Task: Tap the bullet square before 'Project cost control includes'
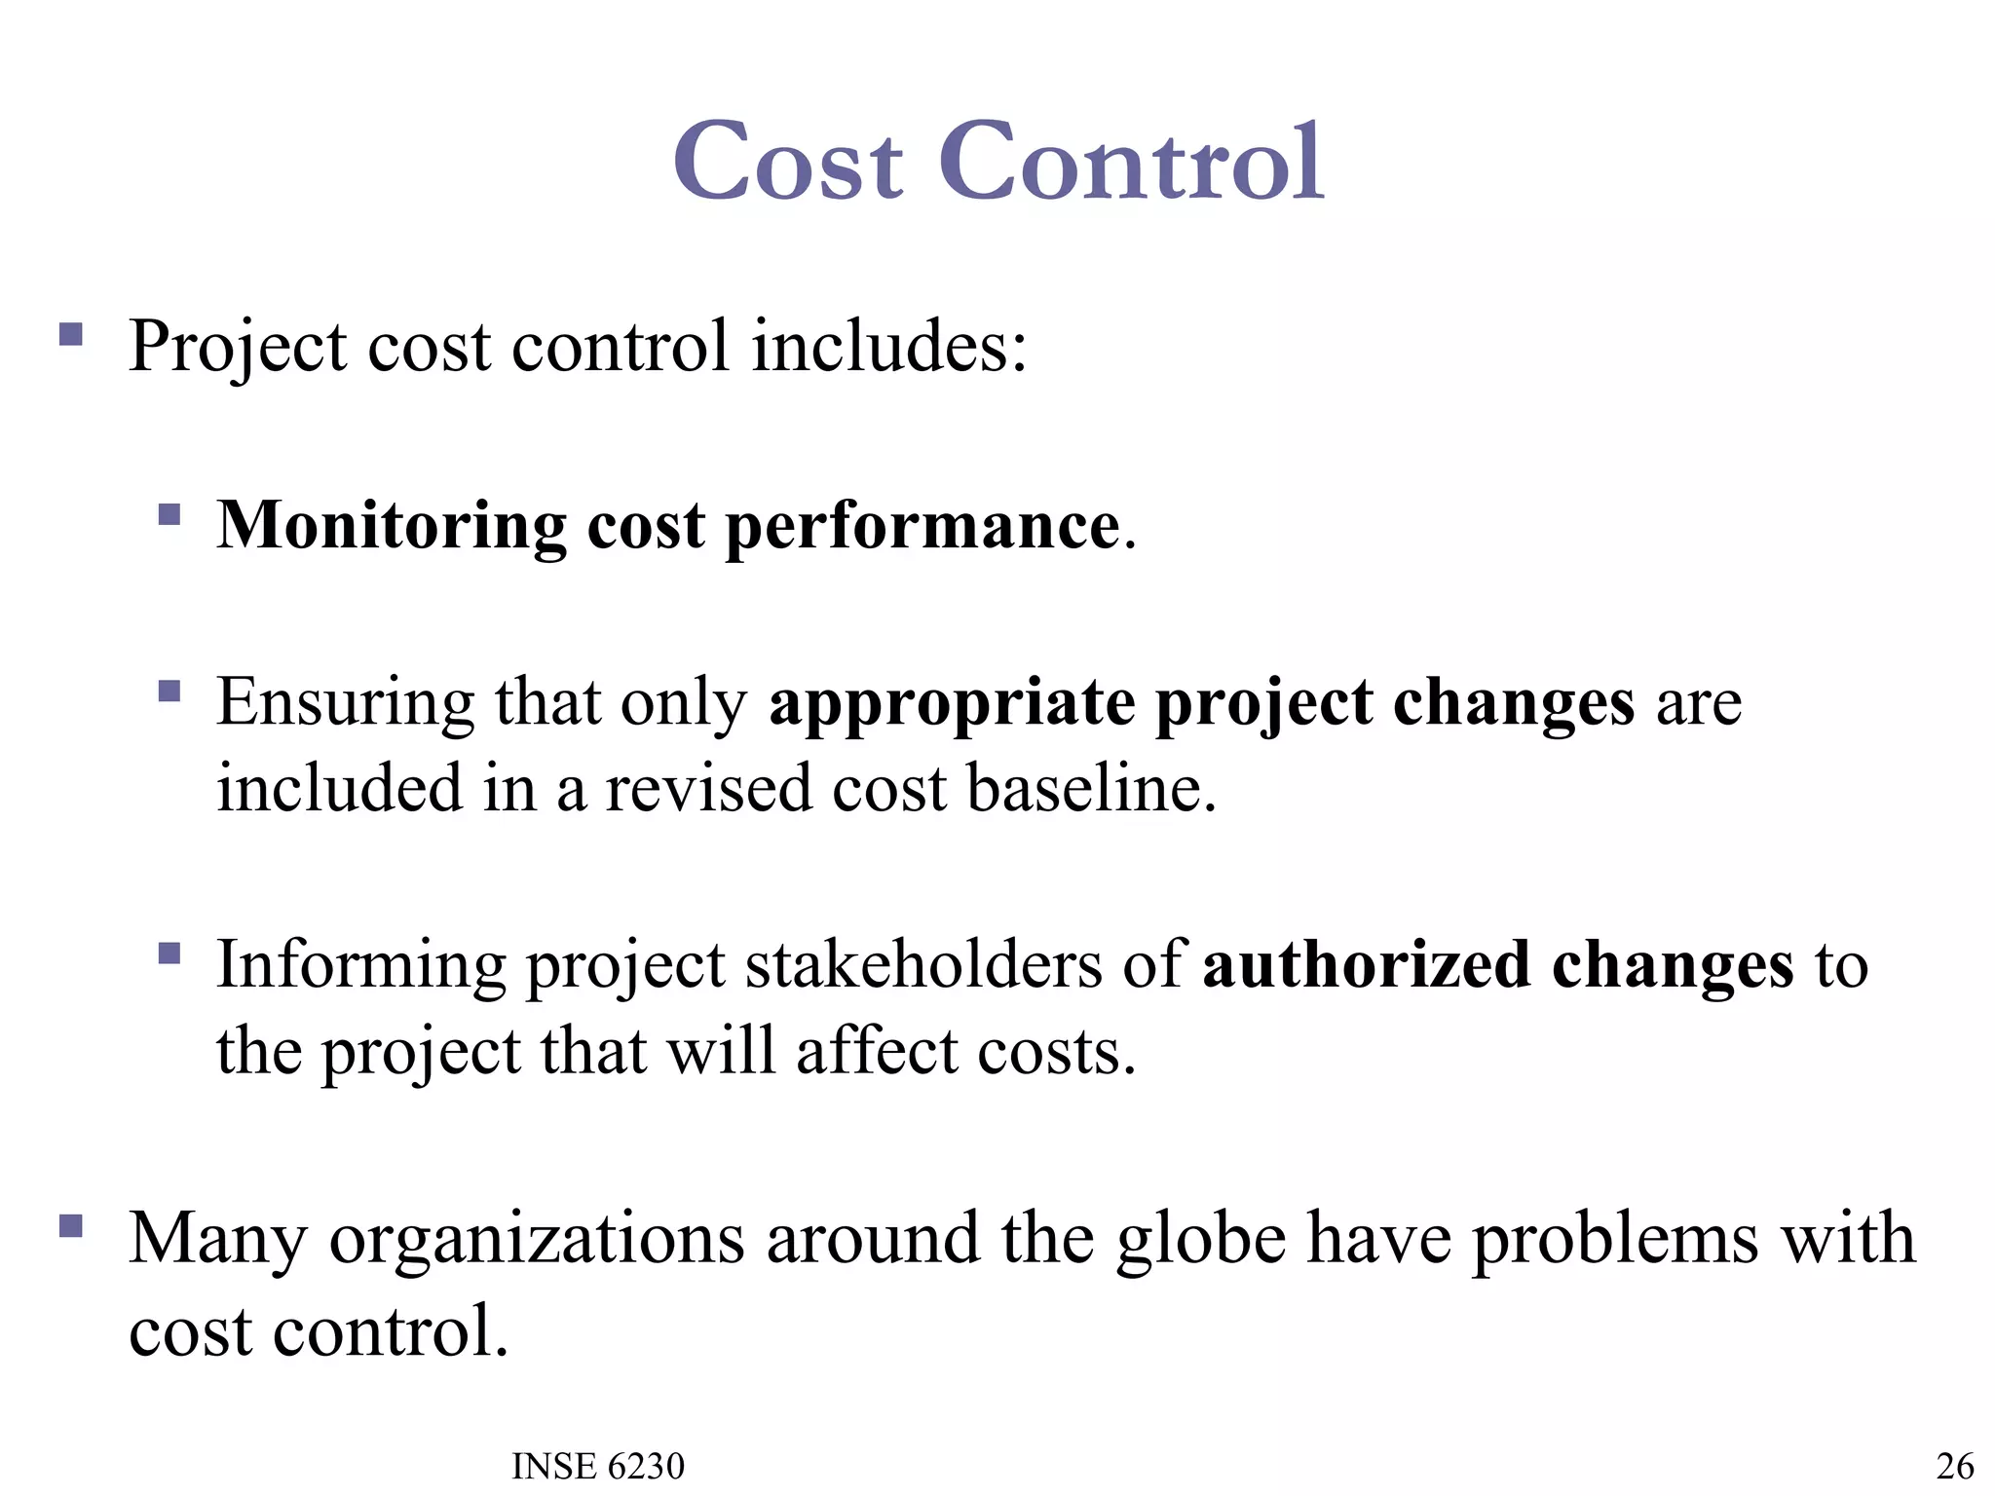click(x=71, y=335)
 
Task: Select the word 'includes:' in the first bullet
click(x=888, y=347)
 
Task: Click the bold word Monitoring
click(x=391, y=527)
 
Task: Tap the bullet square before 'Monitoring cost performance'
click(x=169, y=513)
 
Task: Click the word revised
click(x=708, y=788)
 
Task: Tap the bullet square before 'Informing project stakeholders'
click(x=169, y=952)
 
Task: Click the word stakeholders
click(x=924, y=965)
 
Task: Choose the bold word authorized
click(x=1367, y=965)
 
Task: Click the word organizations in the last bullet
click(x=537, y=1239)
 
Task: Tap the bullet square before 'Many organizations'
click(x=71, y=1224)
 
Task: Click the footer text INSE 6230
click(x=598, y=1466)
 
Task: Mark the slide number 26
click(x=1955, y=1466)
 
